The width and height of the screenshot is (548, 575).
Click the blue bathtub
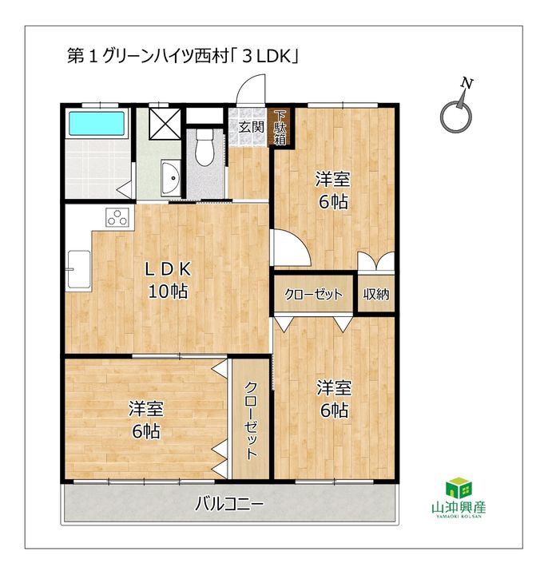coord(97,125)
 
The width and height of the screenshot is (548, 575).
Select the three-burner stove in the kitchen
coord(117,217)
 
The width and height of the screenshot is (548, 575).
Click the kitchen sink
coord(79,264)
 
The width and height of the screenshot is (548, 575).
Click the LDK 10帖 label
coord(168,280)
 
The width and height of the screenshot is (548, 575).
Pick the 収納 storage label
coord(376,295)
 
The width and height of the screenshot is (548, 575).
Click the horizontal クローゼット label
coord(314,295)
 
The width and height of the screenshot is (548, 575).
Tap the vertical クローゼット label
coord(251,419)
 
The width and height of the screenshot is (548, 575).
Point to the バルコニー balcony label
coord(228,505)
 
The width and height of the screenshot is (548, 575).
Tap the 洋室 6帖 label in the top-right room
coord(333,190)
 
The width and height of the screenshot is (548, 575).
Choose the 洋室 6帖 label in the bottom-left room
coord(146,420)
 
